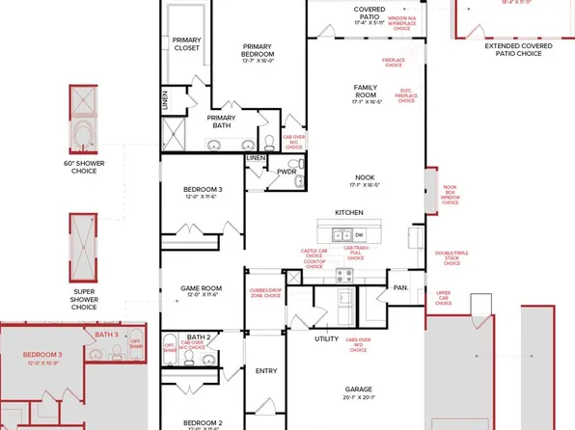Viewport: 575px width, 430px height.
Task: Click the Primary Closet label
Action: point(186,42)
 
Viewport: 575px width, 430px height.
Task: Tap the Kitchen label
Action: point(348,212)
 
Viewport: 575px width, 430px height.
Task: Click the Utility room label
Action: point(325,338)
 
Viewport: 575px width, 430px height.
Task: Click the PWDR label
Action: point(286,173)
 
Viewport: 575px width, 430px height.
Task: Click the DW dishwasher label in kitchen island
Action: point(359,234)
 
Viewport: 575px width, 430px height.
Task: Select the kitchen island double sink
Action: point(341,234)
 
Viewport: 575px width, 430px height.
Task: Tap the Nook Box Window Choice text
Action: point(450,198)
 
